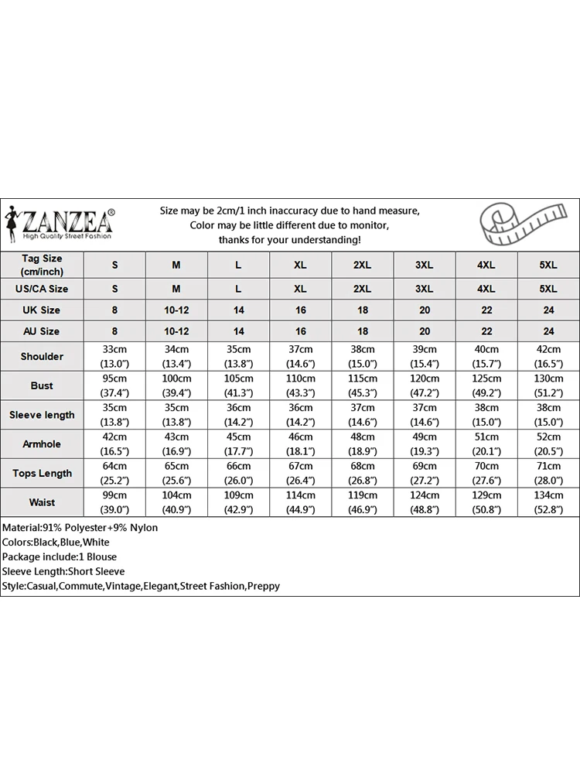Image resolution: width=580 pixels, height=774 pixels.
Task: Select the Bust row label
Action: [42, 385]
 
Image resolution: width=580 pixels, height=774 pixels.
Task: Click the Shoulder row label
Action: [42, 356]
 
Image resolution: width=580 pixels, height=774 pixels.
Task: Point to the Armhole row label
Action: [42, 444]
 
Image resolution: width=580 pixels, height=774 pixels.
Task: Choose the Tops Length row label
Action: [42, 473]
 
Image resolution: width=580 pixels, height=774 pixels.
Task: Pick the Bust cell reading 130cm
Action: [548, 385]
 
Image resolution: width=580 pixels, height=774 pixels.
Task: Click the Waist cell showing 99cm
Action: [114, 502]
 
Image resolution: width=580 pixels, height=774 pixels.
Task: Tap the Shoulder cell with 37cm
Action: [300, 356]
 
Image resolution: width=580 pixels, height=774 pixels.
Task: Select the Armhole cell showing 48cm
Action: [362, 444]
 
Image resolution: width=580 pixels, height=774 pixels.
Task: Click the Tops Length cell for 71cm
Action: [548, 473]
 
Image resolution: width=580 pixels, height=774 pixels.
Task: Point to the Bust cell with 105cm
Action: [238, 385]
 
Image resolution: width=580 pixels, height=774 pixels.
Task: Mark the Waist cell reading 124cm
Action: [424, 502]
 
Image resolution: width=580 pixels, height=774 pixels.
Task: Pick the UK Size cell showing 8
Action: [114, 310]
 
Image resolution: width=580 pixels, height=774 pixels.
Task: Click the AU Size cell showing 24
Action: [548, 331]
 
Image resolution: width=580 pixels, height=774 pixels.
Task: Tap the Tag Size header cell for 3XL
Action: [424, 265]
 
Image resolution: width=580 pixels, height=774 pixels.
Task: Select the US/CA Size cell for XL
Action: [300, 289]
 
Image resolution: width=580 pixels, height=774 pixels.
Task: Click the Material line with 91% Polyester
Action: [80, 528]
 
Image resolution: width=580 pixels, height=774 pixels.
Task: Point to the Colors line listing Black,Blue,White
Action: [56, 543]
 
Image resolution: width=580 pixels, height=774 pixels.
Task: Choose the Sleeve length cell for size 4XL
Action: [486, 415]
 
